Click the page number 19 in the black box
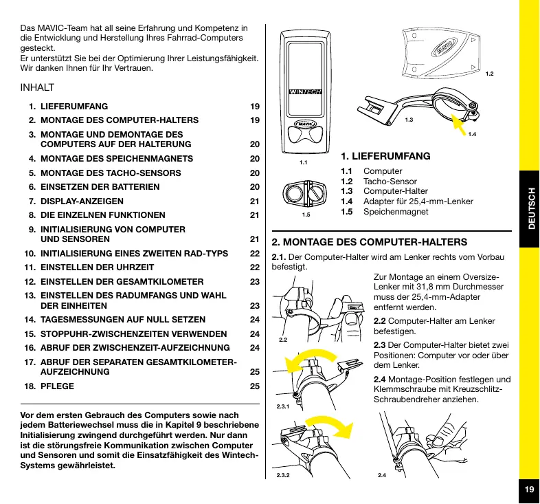(528, 490)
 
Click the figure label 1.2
(490, 74)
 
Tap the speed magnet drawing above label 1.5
(305, 193)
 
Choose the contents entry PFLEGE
(58, 386)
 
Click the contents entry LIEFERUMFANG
(74, 107)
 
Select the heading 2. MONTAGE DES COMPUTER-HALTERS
(370, 242)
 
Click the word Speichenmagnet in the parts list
(396, 212)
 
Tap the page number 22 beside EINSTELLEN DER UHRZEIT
(254, 267)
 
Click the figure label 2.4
(383, 476)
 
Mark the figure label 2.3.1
(282, 407)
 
